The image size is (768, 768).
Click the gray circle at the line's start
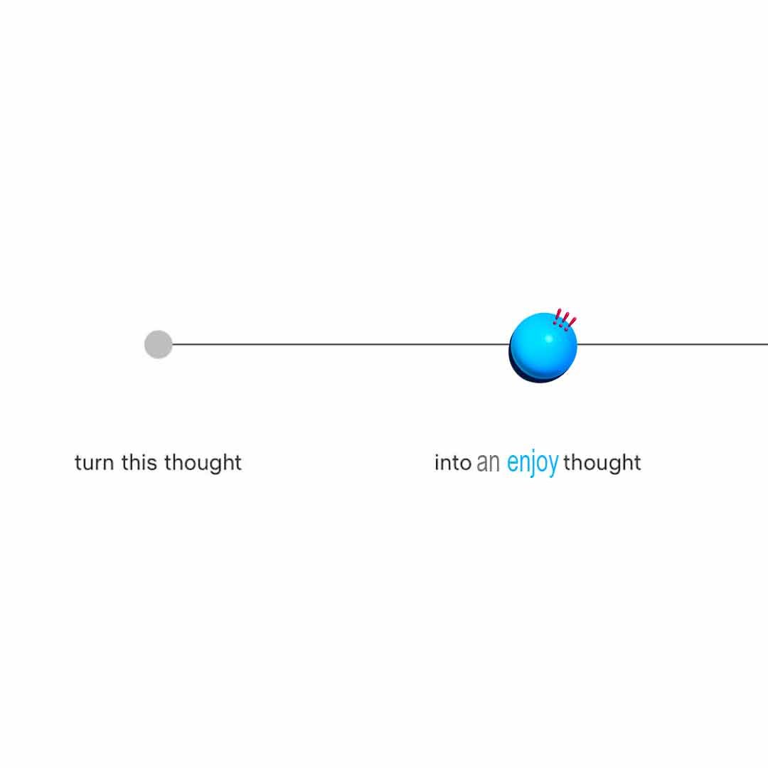[158, 344]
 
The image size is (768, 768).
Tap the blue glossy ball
[543, 346]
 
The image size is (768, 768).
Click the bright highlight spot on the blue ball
[548, 338]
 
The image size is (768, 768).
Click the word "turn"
[94, 463]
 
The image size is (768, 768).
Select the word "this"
[139, 462]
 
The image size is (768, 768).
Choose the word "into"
[452, 463]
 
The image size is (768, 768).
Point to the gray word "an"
[488, 463]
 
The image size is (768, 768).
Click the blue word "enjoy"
[533, 464]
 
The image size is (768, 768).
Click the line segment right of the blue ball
[673, 344]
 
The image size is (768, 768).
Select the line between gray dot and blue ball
[341, 344]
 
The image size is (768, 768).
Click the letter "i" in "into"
[437, 462]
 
